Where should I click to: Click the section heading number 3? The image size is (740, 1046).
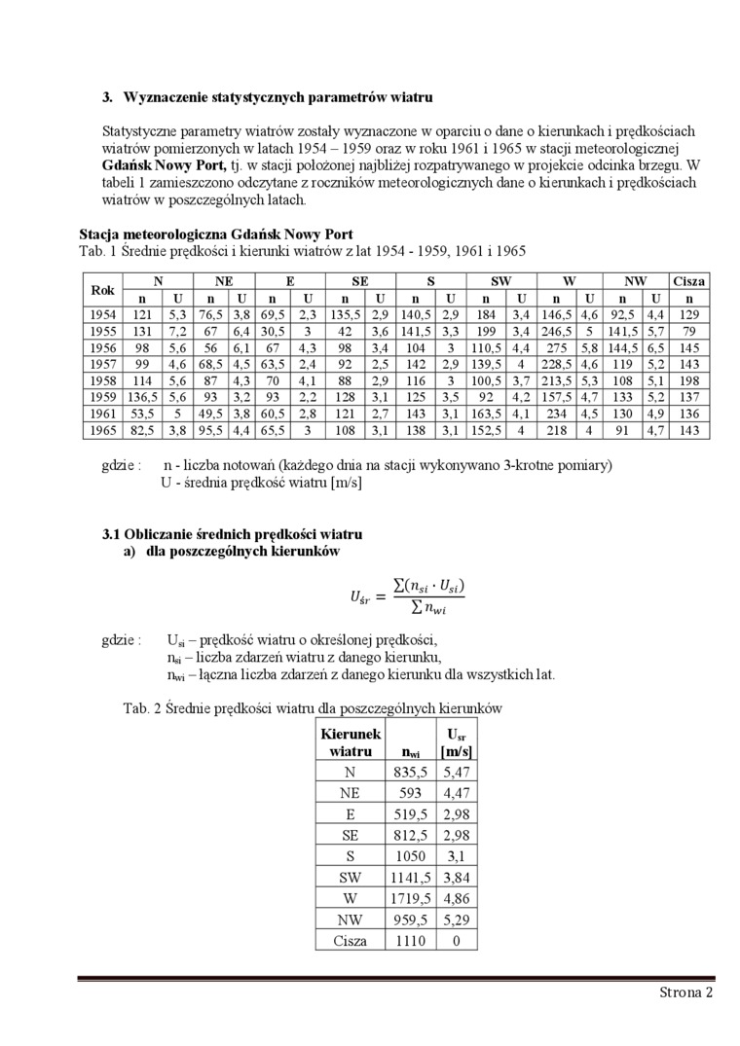click(x=109, y=97)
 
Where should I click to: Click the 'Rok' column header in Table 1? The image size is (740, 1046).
click(x=102, y=290)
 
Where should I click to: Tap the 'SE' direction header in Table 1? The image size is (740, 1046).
click(x=359, y=280)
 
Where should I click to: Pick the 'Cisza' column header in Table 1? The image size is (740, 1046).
click(x=689, y=280)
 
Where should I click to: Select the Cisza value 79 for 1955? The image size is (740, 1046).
click(x=689, y=331)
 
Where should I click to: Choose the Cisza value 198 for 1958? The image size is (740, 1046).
click(x=689, y=380)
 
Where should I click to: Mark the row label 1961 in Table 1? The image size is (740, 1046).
click(x=102, y=414)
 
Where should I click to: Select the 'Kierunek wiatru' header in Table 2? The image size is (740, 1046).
click(x=351, y=742)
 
